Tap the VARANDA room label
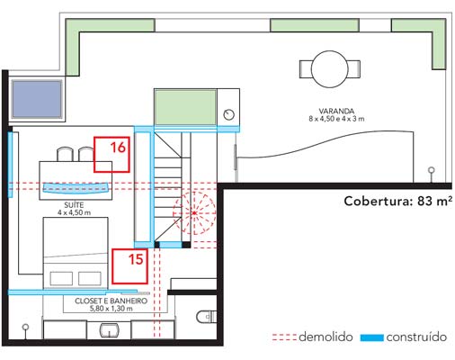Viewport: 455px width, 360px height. click(x=336, y=111)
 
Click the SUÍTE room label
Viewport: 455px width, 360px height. click(x=74, y=205)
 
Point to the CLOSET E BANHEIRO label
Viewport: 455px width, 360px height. click(x=112, y=301)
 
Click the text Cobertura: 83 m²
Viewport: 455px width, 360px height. click(x=398, y=201)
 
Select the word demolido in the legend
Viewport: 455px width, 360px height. click(x=326, y=337)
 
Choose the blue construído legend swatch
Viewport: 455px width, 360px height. click(x=372, y=337)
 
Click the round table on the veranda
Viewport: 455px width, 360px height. click(x=330, y=69)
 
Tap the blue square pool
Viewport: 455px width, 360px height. click(x=37, y=99)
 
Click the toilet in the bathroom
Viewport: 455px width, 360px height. click(x=207, y=317)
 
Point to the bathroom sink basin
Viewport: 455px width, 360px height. click(x=110, y=330)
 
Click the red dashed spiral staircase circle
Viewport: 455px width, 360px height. click(x=174, y=213)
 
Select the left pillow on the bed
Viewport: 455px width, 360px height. click(x=61, y=278)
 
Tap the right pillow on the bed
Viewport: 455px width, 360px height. click(x=90, y=278)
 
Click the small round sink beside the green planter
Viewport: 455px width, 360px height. click(x=229, y=114)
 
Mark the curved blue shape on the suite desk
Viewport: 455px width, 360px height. click(x=76, y=188)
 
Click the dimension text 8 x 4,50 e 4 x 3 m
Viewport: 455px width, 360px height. click(x=336, y=119)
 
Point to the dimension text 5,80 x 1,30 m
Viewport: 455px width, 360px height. click(x=112, y=309)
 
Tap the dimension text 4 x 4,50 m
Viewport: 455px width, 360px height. click(x=74, y=212)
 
